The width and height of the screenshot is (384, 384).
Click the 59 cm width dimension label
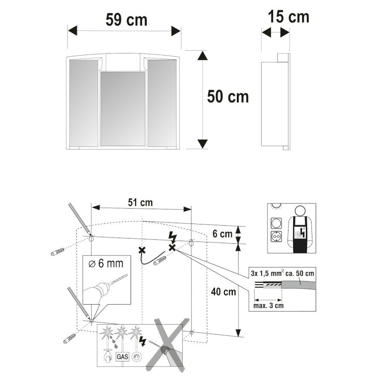pos(126,20)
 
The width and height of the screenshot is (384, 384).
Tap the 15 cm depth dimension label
pos(288,17)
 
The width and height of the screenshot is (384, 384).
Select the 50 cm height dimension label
pos(228,96)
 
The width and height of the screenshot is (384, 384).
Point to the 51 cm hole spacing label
pos(140,203)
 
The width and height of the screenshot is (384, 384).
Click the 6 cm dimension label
pos(222,234)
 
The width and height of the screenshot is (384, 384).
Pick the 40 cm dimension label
pos(223,292)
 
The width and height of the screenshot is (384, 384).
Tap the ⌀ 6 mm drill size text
pos(106,264)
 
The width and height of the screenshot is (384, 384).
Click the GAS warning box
pos(122,356)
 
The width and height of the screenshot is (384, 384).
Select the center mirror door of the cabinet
pos(123,109)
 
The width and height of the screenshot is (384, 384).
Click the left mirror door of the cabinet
pos(84,103)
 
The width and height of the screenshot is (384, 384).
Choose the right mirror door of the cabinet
pos(162,103)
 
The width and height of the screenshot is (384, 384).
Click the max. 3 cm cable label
pos(268,305)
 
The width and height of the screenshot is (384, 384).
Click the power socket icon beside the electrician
pos(276,236)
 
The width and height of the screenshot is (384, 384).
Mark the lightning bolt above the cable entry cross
pos(173,238)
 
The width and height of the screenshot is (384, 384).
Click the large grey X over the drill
pos(168,345)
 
